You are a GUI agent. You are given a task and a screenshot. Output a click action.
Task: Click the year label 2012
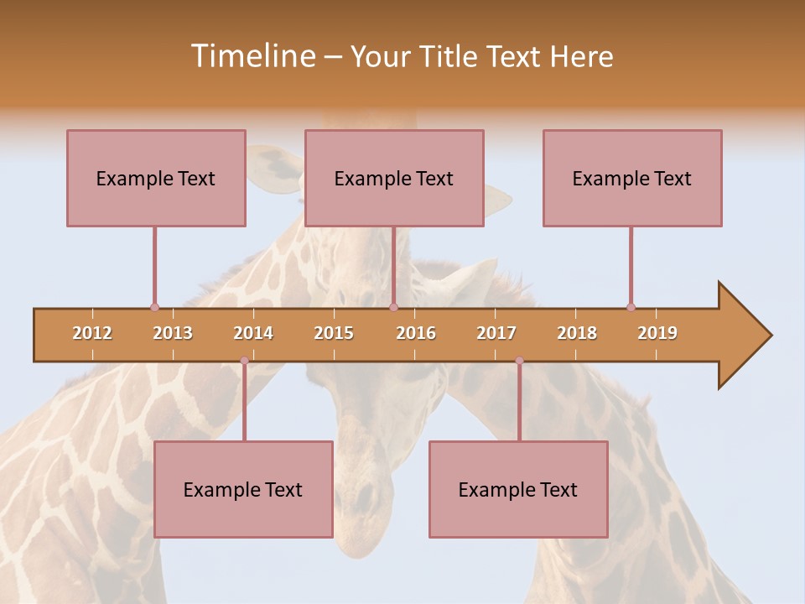pos(92,333)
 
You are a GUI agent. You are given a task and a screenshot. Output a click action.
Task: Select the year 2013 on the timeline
pos(173,333)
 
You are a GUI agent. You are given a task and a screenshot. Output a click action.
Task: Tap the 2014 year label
pos(253,333)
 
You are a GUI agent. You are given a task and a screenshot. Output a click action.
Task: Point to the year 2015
pos(334,333)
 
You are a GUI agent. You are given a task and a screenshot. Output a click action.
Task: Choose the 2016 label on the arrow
pos(416,333)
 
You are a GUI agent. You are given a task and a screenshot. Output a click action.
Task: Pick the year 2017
pos(496,333)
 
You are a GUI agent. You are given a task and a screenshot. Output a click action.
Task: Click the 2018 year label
pos(577,333)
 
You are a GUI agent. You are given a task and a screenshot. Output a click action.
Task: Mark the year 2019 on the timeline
pos(657,333)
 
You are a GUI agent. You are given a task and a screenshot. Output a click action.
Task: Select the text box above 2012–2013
pos(156,178)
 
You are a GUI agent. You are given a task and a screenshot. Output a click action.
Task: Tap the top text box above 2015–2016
pos(394,178)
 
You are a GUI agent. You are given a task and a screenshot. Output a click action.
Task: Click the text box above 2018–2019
pos(632,178)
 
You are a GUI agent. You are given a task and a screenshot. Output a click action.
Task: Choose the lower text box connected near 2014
pos(243,489)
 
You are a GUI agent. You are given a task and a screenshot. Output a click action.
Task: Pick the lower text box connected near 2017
pos(518,489)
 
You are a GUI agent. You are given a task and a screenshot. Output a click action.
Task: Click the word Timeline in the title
pos(252,56)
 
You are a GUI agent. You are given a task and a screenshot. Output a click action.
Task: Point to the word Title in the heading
pos(449,56)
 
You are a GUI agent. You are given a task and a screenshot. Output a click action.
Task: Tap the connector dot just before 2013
pos(154,307)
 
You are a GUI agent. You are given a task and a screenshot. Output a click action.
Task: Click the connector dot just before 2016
pos(393,307)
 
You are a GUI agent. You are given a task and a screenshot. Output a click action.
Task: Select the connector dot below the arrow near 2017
pos(519,361)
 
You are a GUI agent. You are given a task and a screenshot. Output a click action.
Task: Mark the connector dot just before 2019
pos(631,307)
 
